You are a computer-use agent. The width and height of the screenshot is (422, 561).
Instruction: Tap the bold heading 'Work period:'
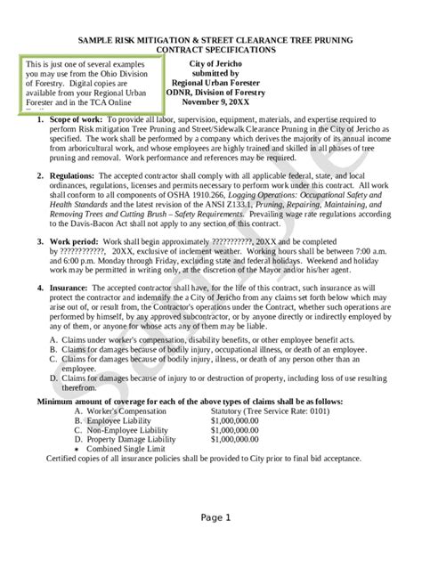click(x=74, y=242)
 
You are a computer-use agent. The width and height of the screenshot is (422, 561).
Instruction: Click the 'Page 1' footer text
click(x=215, y=517)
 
